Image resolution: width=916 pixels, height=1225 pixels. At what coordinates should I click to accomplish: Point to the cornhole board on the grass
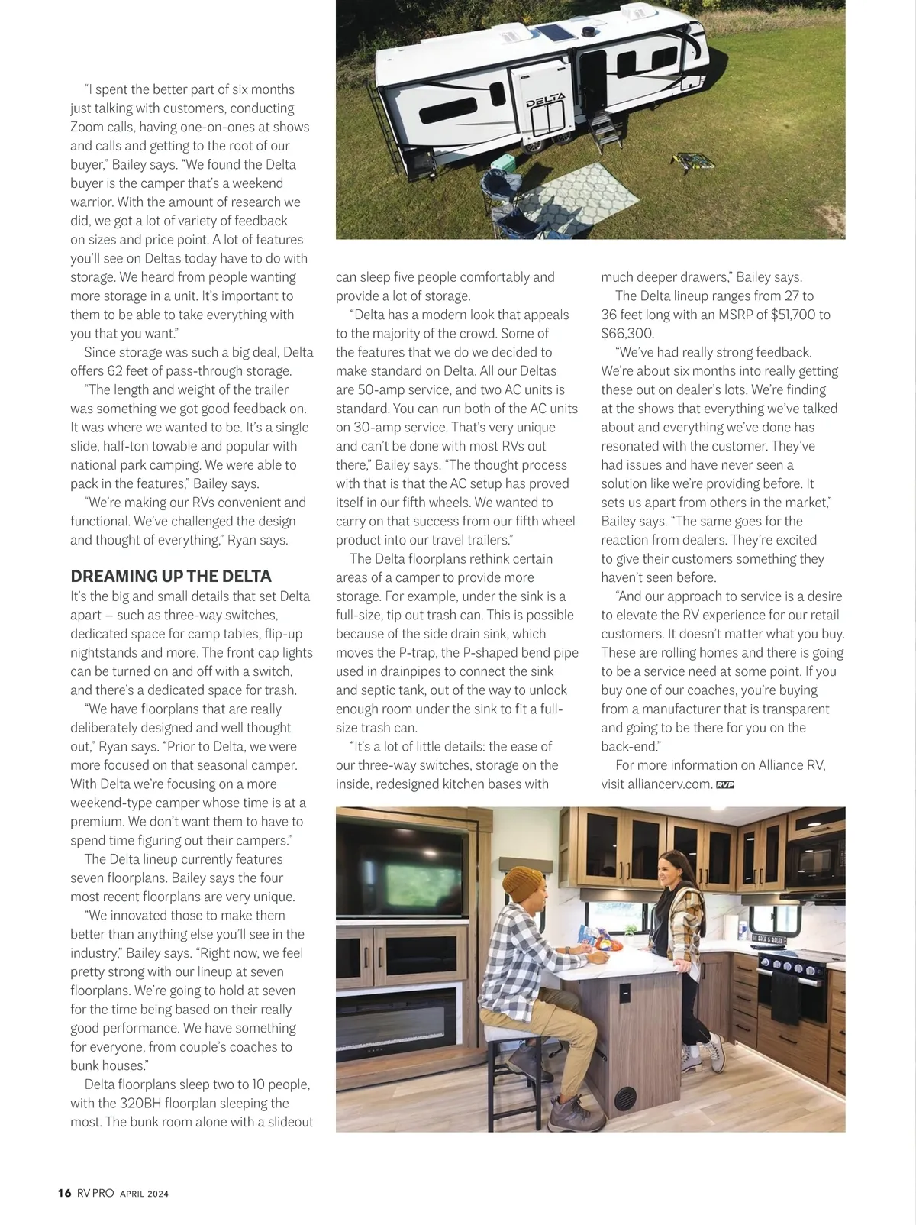[x=691, y=161]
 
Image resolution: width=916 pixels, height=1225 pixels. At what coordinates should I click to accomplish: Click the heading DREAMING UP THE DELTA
[x=171, y=576]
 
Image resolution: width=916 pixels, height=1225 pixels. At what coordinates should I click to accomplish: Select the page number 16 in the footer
[x=64, y=1193]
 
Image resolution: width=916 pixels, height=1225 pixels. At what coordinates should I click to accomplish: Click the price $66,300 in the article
[x=627, y=333]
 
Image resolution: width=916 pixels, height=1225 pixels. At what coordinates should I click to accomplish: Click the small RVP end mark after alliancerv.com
[x=724, y=784]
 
